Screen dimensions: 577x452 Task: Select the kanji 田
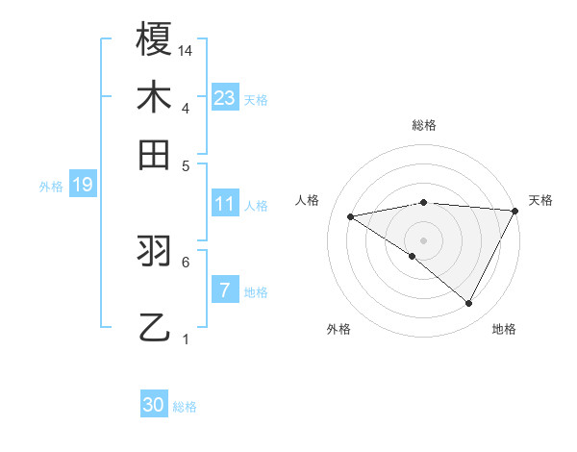[x=155, y=154]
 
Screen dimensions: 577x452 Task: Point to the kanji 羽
[x=155, y=252]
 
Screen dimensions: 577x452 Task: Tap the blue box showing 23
[x=225, y=97]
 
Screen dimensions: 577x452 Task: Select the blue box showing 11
[x=225, y=204]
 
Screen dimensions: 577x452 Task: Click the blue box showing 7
[x=224, y=291]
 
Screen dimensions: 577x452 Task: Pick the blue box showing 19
[x=83, y=186]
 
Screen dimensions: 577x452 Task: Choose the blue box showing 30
[x=154, y=405]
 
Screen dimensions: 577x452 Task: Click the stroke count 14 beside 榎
[x=187, y=49]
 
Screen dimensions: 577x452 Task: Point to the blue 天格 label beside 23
[x=256, y=99]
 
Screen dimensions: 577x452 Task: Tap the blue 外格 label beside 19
[x=51, y=187]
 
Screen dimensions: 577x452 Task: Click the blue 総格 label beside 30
[x=185, y=407]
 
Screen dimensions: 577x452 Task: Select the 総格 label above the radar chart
[x=423, y=125]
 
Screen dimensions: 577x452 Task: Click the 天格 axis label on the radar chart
[x=540, y=200]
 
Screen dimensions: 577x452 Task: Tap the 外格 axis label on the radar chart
[x=339, y=330]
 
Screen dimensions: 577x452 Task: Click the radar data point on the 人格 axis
[x=351, y=216]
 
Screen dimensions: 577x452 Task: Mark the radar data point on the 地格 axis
[x=469, y=304]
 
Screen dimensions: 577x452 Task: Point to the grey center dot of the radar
[x=423, y=239]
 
